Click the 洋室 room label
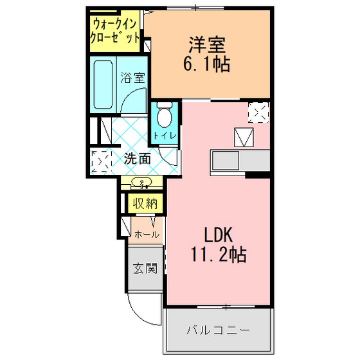207,44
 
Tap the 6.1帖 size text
206,64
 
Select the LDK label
219,235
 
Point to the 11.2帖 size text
219,254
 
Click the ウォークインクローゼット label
115,31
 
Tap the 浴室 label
132,78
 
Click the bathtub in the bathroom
103,84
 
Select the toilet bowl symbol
165,115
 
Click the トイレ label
165,136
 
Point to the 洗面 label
138,158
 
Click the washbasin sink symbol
141,183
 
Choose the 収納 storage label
145,203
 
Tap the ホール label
147,235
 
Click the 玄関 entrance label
145,268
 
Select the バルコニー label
218,330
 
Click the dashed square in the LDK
258,113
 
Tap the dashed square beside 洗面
101,161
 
